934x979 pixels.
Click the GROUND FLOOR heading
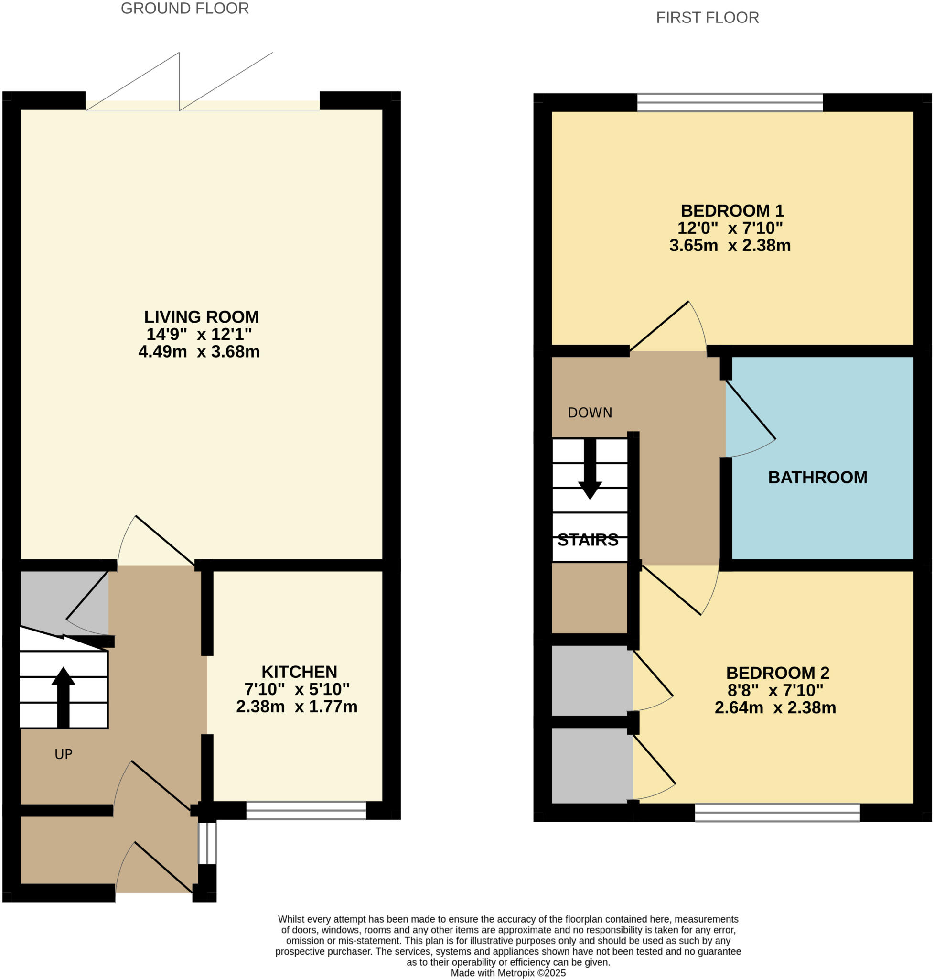185,9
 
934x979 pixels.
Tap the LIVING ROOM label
201,317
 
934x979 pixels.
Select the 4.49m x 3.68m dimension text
199,352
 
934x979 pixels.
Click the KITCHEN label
299,672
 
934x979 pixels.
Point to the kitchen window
306,810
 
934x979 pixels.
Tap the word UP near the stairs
63,754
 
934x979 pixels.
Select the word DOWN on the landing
590,413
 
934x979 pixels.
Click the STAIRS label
588,540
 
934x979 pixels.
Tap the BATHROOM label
817,477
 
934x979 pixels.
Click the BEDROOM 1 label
732,211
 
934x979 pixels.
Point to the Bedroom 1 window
730,102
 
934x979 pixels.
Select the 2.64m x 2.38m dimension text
775,707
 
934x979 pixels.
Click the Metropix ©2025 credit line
508,973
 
